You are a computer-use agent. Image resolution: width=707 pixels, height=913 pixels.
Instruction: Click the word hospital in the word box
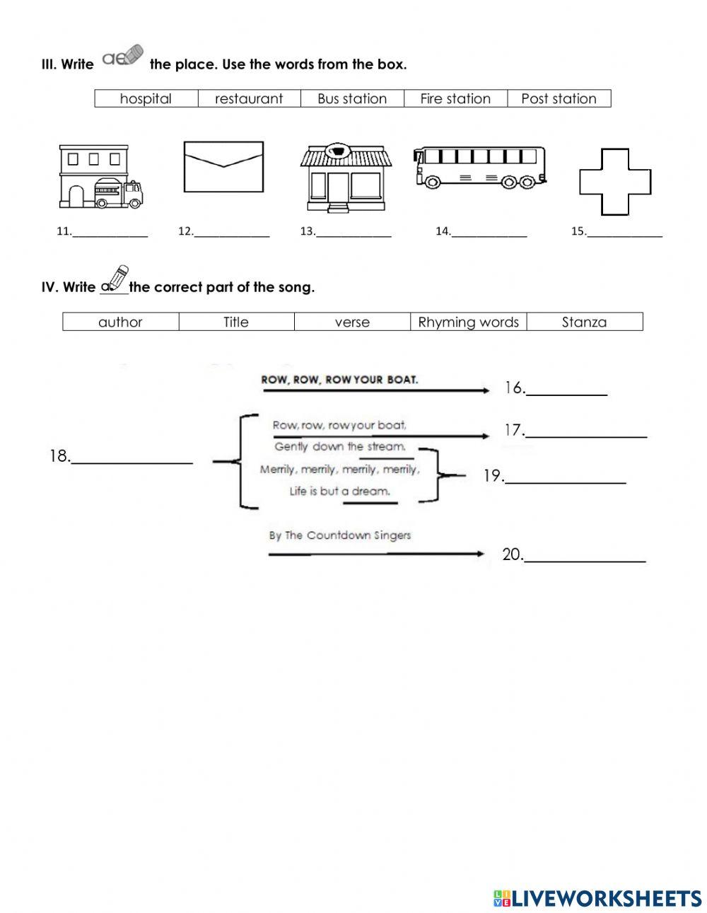pos(146,98)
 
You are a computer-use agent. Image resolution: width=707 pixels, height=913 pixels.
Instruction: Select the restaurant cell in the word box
pos(249,98)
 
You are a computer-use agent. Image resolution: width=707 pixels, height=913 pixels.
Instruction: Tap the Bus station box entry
pos(352,98)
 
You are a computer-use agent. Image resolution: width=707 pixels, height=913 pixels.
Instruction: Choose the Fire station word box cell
pos(455,98)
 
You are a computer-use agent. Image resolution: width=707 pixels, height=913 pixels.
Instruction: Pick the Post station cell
pos(559,98)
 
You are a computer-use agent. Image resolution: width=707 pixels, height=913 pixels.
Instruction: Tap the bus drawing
pos(480,168)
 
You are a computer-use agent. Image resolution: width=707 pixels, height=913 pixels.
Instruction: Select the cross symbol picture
pos(614,182)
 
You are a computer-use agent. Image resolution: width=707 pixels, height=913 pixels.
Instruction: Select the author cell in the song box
pos(120,322)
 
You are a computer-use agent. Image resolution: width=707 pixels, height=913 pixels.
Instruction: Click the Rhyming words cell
pos(468,322)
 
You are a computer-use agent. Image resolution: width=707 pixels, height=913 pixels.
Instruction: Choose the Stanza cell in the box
pos(584,322)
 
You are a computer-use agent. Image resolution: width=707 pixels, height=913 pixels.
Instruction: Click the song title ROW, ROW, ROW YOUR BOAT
pos(339,379)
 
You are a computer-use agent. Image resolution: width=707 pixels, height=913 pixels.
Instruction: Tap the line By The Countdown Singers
pos(339,535)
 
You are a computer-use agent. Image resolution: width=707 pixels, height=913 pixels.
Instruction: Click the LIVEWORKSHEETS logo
pos(597,898)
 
